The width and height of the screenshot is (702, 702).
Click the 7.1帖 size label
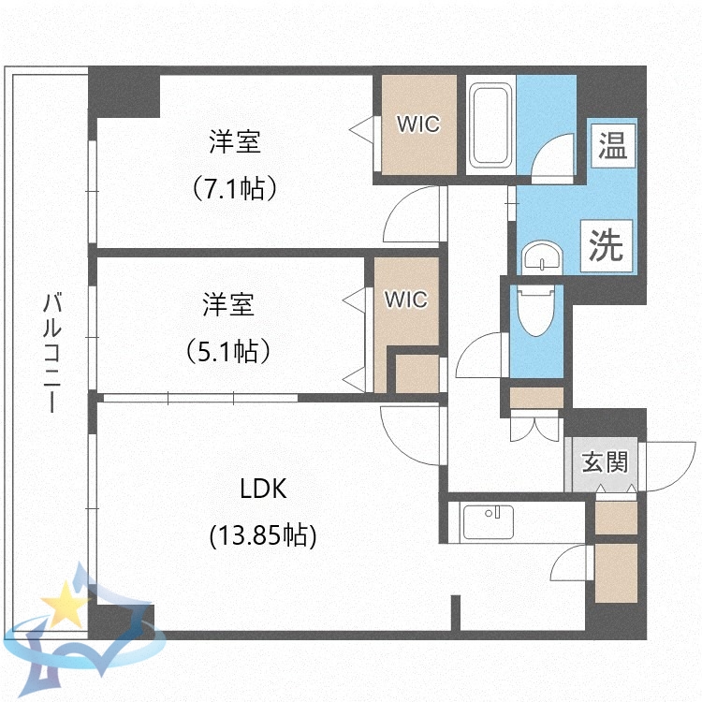234,188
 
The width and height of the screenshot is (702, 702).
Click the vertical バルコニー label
52,353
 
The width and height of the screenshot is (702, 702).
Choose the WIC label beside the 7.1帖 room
416,124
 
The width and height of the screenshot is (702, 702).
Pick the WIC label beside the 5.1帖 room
406,300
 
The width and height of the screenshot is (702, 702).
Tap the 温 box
612,144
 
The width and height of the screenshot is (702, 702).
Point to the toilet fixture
536,313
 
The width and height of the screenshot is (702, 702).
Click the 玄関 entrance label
604,461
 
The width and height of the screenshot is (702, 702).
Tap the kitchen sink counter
487,522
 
